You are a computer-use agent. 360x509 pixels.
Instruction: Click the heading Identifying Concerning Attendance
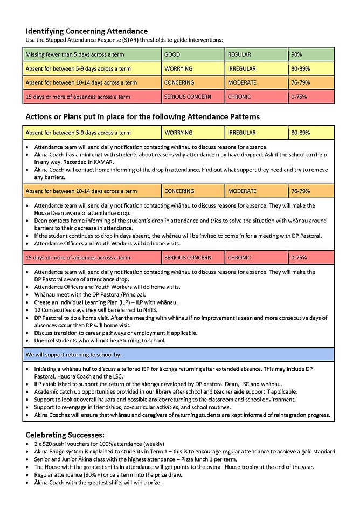click(86, 31)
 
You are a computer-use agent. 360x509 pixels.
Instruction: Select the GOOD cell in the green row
click(172, 54)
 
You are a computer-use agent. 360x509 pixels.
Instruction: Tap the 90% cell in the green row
click(296, 54)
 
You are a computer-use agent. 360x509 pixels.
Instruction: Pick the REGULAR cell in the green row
click(239, 54)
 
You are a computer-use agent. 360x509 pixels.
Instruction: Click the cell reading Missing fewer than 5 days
click(67, 54)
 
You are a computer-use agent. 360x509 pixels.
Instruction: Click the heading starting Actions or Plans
click(142, 116)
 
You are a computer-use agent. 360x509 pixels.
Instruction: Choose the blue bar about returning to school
click(178, 355)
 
